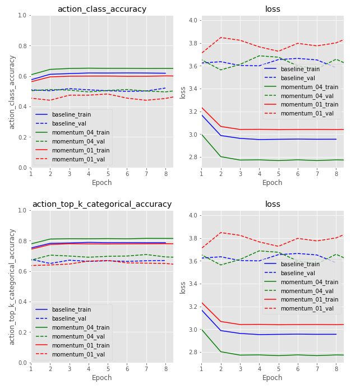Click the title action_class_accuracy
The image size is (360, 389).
pos(101,9)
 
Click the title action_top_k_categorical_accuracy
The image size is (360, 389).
pos(101,204)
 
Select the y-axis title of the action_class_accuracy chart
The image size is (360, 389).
pos(12,92)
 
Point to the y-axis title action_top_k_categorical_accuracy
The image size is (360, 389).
pos(12,286)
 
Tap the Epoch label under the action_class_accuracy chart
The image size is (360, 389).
pos(101,183)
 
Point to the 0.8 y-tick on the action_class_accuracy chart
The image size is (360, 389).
pos(23,46)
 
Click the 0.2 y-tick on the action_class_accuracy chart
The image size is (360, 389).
pos(23,137)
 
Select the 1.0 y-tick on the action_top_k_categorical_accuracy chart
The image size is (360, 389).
pos(23,211)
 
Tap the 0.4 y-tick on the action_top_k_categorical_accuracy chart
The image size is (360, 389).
pos(23,302)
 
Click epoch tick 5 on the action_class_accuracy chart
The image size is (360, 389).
pos(108,173)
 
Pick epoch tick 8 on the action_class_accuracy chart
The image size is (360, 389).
pos(165,173)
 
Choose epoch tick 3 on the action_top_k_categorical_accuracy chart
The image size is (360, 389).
pos(70,368)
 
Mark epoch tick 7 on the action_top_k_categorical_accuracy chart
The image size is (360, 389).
pos(146,368)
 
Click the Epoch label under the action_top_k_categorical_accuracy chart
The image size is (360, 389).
pos(101,378)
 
